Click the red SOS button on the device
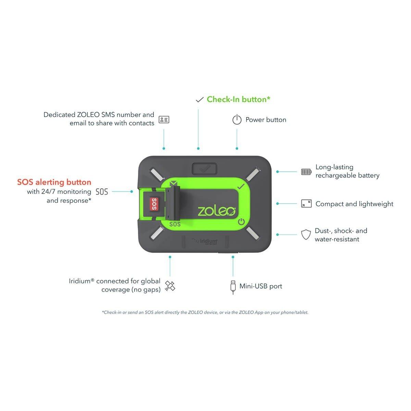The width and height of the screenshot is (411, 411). [154, 204]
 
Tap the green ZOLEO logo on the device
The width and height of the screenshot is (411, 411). [216, 211]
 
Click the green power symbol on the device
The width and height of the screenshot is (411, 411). [241, 222]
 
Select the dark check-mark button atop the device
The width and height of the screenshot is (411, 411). [204, 169]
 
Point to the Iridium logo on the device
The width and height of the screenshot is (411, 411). [205, 241]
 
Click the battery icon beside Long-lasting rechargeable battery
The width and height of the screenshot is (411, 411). [306, 172]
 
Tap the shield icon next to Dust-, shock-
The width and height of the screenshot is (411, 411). [306, 234]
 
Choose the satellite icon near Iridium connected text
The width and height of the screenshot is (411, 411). [170, 286]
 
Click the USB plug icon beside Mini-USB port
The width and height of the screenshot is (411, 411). [233, 287]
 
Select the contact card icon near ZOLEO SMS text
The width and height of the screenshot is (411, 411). [164, 120]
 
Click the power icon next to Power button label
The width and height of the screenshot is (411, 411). [237, 120]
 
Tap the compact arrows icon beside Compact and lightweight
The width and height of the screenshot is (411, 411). [306, 203]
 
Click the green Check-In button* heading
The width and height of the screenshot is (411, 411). [238, 99]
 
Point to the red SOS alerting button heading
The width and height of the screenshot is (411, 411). [54, 182]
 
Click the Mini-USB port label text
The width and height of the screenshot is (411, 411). [261, 286]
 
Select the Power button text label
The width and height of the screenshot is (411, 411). [266, 120]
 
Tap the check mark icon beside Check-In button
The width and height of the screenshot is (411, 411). [199, 100]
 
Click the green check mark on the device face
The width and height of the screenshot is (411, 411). [241, 187]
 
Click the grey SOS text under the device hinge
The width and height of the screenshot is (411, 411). [175, 224]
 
